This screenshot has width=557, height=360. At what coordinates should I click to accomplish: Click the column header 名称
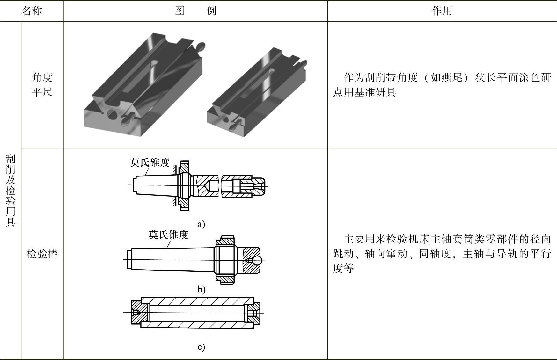pyautogui.click(x=32, y=11)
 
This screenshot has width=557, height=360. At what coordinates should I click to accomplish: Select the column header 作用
pyautogui.click(x=442, y=11)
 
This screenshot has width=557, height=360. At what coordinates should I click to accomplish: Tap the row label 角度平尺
pyautogui.click(x=42, y=84)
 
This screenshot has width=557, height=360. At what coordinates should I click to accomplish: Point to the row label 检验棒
pyautogui.click(x=42, y=254)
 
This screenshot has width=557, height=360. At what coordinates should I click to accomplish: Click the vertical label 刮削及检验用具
pyautogui.click(x=11, y=191)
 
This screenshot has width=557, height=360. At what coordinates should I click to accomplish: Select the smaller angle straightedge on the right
pyautogui.click(x=257, y=92)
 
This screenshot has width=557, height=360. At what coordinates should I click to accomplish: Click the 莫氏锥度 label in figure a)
pyautogui.click(x=150, y=162)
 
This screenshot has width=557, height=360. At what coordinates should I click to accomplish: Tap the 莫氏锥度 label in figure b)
pyautogui.click(x=168, y=235)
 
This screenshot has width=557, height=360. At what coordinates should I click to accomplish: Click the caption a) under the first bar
pyautogui.click(x=201, y=224)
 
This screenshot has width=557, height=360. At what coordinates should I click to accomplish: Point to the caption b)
pyautogui.click(x=201, y=289)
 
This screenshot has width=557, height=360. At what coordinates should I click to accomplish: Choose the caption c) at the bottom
pyautogui.click(x=201, y=347)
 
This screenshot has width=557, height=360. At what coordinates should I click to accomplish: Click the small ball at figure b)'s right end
pyautogui.click(x=257, y=261)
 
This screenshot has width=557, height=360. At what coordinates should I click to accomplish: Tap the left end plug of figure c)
pyautogui.click(x=140, y=313)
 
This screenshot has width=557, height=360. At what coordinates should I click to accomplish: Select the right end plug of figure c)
pyautogui.click(x=253, y=313)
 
